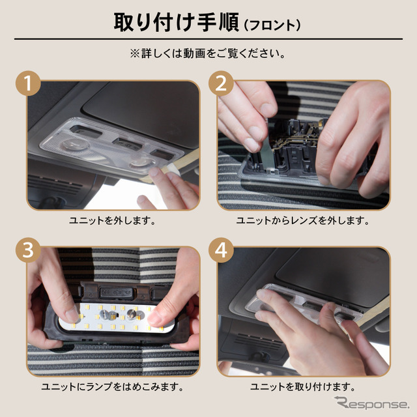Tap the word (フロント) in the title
click(272, 25)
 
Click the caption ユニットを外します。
click(112, 221)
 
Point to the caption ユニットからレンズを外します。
click(304, 221)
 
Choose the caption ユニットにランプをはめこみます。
click(112, 387)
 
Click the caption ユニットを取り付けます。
click(304, 387)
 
